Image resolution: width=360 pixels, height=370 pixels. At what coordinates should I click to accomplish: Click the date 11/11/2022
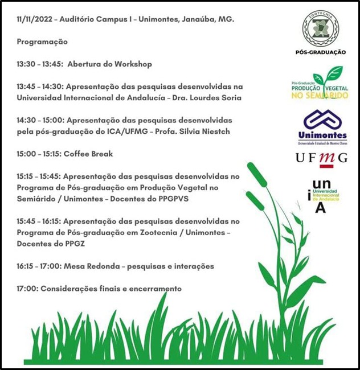(35, 19)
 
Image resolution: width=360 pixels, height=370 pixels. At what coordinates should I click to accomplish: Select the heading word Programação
(42, 42)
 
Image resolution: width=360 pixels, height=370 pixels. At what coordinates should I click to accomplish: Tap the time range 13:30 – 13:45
(39, 64)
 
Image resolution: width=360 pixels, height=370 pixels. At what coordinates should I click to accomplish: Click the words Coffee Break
(88, 154)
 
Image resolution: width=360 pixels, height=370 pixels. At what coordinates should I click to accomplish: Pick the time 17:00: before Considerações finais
(27, 289)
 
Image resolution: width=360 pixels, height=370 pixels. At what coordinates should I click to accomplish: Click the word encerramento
(154, 289)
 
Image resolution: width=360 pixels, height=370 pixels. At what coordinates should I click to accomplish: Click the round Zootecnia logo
(320, 28)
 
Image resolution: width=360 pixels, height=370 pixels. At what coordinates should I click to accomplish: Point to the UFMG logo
(321, 158)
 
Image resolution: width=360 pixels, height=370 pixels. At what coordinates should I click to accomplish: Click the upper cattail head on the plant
(257, 175)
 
